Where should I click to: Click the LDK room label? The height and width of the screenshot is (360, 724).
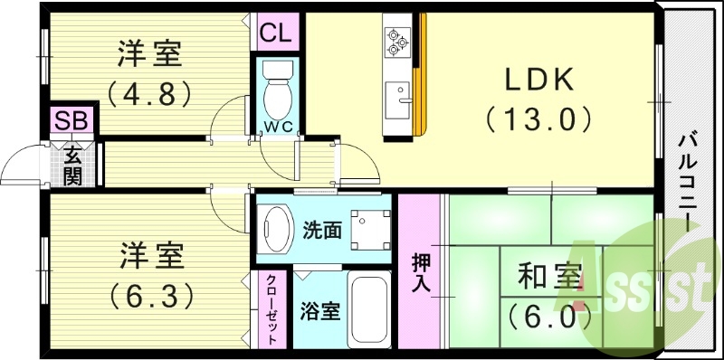[x=539, y=81]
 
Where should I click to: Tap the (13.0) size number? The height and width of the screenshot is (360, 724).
[x=539, y=118]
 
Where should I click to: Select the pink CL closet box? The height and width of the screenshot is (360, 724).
[x=276, y=34]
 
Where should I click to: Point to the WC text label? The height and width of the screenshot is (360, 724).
[x=277, y=127]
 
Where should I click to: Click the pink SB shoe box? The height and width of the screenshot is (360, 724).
[x=68, y=121]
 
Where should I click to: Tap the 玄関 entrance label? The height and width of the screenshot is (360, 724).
[x=72, y=164]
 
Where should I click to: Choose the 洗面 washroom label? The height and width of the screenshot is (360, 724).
[x=322, y=230]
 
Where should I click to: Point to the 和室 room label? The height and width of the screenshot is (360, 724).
[x=550, y=277]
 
